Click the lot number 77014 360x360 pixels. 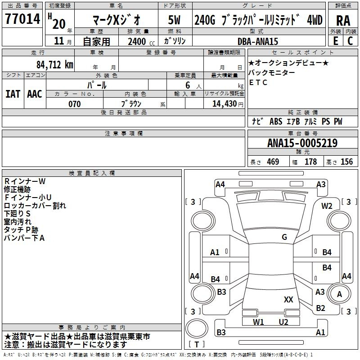click(22, 19)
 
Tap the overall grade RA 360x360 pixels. click(343, 21)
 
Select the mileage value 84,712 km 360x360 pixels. click(55, 65)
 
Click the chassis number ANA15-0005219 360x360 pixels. click(302, 143)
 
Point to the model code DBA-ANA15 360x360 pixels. click(257, 41)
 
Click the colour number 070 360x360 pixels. click(75, 104)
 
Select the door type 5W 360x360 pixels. click(174, 20)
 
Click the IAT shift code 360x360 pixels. click(13, 94)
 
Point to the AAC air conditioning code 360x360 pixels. click(35, 94)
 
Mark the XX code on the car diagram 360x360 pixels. click(288, 300)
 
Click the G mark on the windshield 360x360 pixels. click(284, 237)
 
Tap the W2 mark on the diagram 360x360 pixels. click(327, 206)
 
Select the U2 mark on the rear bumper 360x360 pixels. click(283, 322)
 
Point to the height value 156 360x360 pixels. click(346, 162)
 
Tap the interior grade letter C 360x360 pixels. click(350, 41)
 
